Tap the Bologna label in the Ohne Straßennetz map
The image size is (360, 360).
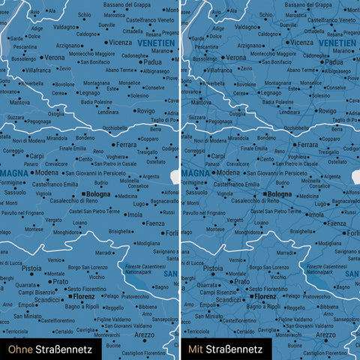point(98,195)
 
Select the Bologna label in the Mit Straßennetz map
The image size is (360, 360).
point(280,195)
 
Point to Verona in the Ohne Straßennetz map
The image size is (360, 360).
point(55,57)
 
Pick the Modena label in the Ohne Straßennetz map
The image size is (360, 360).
point(46,172)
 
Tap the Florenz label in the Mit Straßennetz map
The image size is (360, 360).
point(265,297)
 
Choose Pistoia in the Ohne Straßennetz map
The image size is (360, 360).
point(31,268)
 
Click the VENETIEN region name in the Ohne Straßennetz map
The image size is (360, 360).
point(157,43)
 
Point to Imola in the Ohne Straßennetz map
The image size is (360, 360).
point(135,214)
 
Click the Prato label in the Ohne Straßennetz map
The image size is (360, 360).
point(60,282)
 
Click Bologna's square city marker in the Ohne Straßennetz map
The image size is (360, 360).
point(84,195)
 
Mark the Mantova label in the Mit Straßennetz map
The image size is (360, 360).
point(201,102)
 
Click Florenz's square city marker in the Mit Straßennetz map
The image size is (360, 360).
point(251,297)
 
